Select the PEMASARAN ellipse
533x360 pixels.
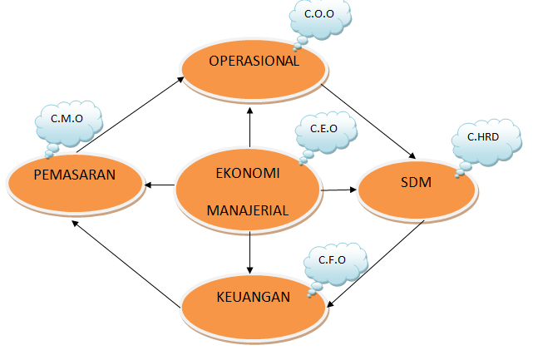75,184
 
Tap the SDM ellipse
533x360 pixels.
416,191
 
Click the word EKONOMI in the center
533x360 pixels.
248,175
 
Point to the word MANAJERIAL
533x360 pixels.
248,210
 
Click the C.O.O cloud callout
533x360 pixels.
320,19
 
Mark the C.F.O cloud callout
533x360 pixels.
333,263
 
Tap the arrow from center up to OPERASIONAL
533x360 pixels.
250,128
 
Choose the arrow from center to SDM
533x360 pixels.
338,190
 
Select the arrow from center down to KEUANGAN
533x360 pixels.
249,253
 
